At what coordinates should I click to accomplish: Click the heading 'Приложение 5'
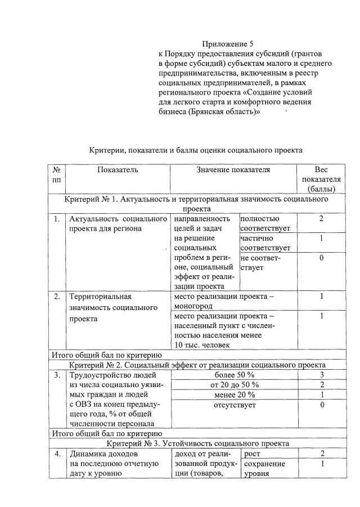pos(228,43)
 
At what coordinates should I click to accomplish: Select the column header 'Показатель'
pos(117,169)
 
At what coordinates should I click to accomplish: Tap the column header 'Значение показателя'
pos(233,169)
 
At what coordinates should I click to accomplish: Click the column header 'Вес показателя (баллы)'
pos(321,179)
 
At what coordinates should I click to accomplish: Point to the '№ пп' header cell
pos(57,174)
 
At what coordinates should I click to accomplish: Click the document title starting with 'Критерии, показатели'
pos(196,150)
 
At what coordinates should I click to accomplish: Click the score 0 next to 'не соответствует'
pos(321,258)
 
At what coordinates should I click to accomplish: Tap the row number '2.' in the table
pos(57,296)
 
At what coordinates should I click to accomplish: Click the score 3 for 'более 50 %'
pos(321,374)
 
